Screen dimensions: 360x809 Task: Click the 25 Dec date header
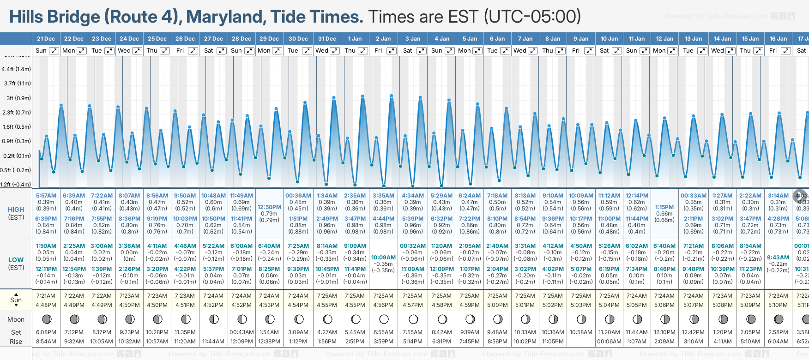[157, 39]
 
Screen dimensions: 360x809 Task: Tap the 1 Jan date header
[355, 39]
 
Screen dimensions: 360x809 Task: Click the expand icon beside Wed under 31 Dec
[335, 51]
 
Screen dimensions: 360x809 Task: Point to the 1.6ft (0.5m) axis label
[17, 127]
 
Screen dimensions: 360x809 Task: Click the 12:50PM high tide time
[269, 207]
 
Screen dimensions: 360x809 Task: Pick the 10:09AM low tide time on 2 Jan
[383, 258]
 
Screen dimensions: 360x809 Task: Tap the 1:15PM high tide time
[664, 207]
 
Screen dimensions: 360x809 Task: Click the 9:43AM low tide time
[778, 258]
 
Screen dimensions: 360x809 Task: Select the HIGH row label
[16, 210]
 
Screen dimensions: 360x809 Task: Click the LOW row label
[16, 260]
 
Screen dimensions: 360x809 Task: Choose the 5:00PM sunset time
[497, 305]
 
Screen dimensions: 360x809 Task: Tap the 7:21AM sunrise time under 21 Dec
[46, 296]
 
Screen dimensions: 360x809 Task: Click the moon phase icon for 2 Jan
[384, 319]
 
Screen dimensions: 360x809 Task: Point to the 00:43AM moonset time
[241, 332]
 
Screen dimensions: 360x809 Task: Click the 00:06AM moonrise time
[609, 342]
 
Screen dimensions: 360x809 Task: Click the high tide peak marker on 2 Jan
[392, 96]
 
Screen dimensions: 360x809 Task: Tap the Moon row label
[16, 319]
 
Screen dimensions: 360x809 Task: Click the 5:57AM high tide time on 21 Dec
[46, 196]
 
